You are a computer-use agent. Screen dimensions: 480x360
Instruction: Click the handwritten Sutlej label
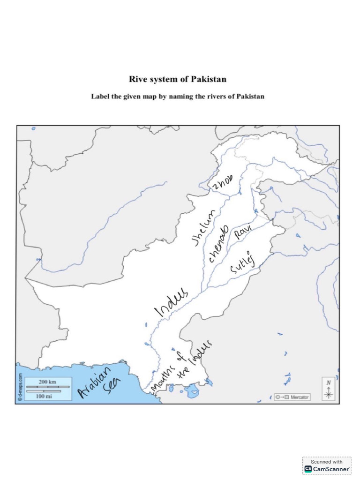click(x=243, y=267)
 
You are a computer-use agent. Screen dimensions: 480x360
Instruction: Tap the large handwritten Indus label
click(x=171, y=301)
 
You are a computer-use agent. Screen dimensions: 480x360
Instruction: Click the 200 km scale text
click(x=47, y=382)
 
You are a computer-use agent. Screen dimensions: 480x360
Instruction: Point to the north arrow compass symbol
click(x=329, y=389)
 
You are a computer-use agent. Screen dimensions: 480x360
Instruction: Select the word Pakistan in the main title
click(x=206, y=80)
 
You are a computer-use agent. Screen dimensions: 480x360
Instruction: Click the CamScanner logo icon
click(x=308, y=468)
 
